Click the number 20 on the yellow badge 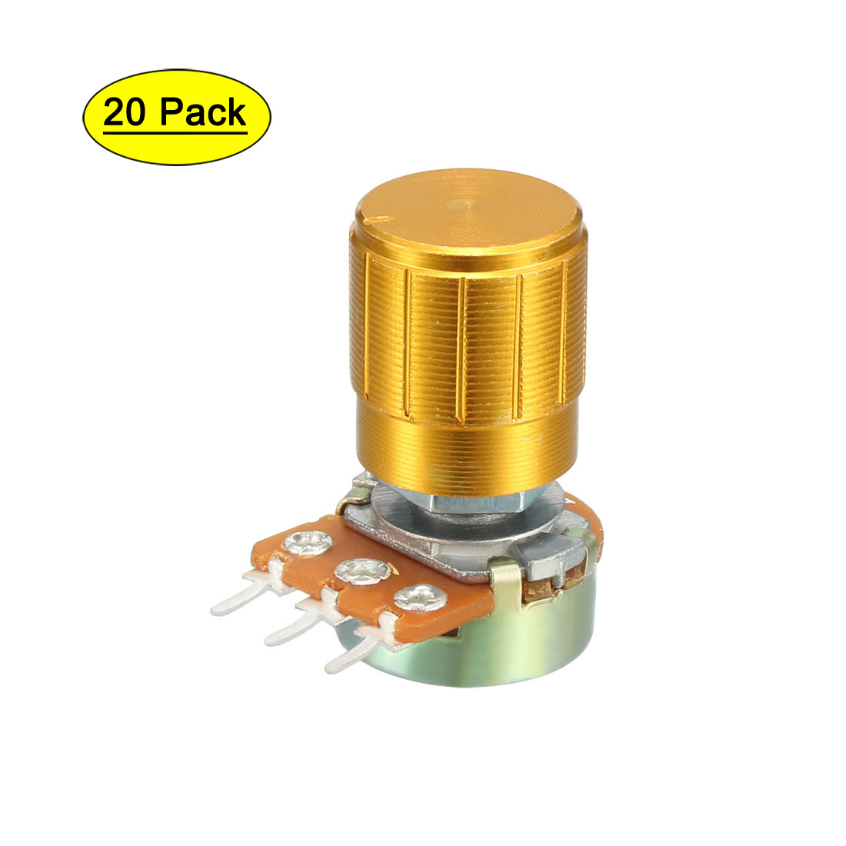pyautogui.click(x=125, y=112)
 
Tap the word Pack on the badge pyautogui.click(x=203, y=112)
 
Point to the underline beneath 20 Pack pyautogui.click(x=175, y=131)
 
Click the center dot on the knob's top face pyautogui.click(x=460, y=205)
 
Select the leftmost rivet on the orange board pyautogui.click(x=307, y=543)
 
